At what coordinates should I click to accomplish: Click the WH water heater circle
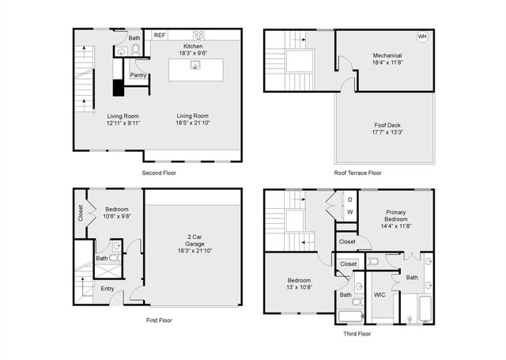[x=422, y=37]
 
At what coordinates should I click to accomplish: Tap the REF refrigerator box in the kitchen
[x=160, y=36]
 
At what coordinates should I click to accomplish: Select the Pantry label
[x=138, y=75]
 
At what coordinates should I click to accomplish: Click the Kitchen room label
[x=194, y=50]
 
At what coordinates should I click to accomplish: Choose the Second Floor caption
[x=159, y=172]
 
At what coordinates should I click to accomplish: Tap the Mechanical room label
[x=387, y=59]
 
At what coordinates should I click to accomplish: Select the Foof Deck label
[x=387, y=129]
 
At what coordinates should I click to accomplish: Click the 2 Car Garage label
[x=194, y=242]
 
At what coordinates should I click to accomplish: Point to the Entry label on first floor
[x=107, y=289]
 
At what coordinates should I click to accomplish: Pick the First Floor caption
[x=159, y=320]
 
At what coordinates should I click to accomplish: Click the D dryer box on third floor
[x=350, y=200]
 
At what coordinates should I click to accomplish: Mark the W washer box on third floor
[x=350, y=212]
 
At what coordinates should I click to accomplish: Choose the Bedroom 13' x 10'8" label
[x=299, y=284]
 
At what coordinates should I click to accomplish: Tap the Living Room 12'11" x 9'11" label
[x=123, y=119]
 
